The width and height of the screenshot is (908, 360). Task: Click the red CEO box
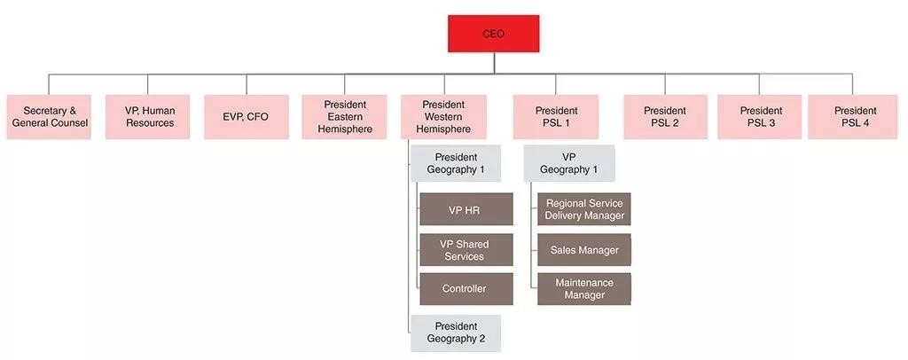pos(493,34)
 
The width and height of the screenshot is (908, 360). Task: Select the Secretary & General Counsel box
pos(50,117)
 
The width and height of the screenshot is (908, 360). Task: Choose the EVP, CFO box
pos(247,117)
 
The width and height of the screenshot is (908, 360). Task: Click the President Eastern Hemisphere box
pos(345,117)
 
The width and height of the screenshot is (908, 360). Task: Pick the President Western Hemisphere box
pos(443,117)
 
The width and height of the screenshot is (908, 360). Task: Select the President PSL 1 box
pos(554,117)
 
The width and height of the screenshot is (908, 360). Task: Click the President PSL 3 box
pos(761,117)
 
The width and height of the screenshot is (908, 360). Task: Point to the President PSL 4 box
pos(856,117)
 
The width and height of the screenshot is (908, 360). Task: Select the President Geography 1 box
pos(456,164)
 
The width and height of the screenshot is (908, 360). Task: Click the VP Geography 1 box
pos(568,164)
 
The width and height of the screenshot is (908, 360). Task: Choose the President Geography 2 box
pos(456,333)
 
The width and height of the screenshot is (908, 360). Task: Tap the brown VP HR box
pos(466,209)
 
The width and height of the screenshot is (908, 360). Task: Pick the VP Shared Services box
pos(466,250)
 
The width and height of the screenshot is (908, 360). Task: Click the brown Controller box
pos(466,289)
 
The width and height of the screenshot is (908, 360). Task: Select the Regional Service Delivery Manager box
pos(584,209)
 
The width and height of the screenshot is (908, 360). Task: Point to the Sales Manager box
pos(584,250)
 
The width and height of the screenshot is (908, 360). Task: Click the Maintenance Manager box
pos(584,289)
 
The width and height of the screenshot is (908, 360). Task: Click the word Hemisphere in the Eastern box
pos(345,129)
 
